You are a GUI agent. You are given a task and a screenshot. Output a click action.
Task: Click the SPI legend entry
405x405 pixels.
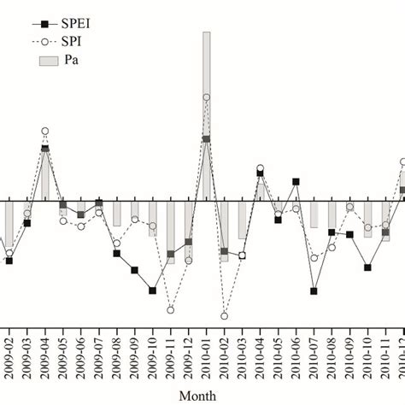pos(69,43)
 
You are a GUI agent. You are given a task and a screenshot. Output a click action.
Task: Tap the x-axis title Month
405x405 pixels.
pos(197,395)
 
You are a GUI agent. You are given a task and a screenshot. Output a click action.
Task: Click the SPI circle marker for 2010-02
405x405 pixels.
pos(225,316)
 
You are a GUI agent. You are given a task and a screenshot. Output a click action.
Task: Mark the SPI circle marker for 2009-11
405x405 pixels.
pos(171,310)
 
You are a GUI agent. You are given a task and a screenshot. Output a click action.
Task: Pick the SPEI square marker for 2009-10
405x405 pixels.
pos(153,291)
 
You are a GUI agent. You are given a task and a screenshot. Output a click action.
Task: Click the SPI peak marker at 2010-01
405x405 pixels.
pos(207,97)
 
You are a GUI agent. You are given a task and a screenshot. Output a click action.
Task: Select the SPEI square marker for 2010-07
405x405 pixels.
pos(314,291)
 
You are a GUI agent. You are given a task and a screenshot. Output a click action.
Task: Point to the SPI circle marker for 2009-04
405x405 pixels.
pos(45,131)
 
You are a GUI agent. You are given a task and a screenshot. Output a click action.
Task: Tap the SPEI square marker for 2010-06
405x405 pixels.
pos(296,182)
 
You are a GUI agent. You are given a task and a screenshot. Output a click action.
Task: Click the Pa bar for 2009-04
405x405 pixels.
pos(45,175)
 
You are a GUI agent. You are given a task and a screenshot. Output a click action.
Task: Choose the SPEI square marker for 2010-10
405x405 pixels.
pos(368,267)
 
